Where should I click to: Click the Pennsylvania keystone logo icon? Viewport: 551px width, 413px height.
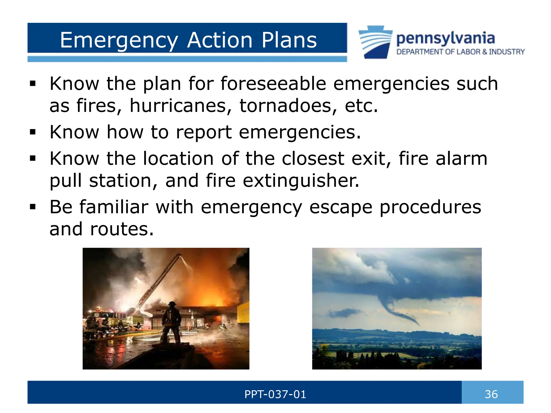[375, 42]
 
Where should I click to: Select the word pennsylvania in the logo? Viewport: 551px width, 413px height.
[445, 39]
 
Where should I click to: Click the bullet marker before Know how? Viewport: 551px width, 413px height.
[33, 132]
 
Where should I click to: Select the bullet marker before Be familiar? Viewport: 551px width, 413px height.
[33, 207]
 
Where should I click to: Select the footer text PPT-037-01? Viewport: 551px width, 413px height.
[275, 394]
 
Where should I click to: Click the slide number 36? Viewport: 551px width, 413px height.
[491, 394]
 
